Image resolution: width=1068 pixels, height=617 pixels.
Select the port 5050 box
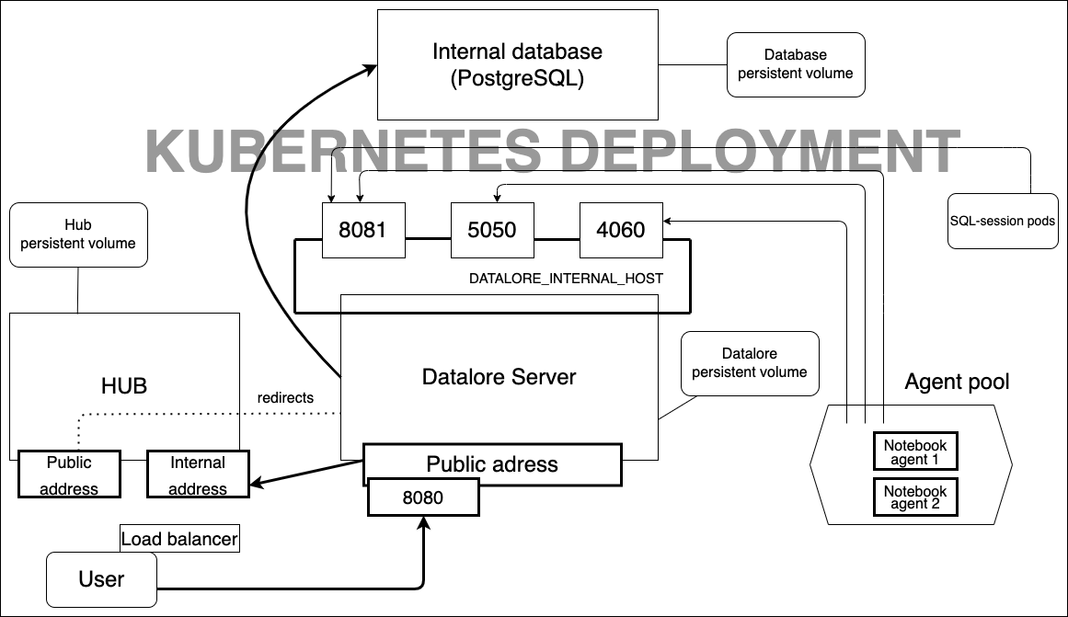[x=492, y=230]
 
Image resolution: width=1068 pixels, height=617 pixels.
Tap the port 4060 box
[x=621, y=230]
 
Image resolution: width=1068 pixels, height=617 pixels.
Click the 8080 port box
[x=423, y=498]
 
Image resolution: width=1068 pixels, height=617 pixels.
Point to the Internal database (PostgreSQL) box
[x=518, y=64]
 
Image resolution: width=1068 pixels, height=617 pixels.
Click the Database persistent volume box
[x=796, y=64]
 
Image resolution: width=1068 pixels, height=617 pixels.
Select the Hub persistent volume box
[x=78, y=234]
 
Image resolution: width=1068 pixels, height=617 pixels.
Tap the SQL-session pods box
[x=1002, y=222]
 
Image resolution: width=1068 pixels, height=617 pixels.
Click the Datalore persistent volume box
[x=749, y=362]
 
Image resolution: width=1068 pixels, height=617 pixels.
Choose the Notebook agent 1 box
[x=915, y=451]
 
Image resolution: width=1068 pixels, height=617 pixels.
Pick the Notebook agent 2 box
[x=915, y=497]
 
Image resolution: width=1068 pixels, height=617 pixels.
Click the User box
[x=101, y=578]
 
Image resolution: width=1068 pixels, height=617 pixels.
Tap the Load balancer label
[x=179, y=539]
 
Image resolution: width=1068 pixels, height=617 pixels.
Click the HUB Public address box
[x=69, y=474]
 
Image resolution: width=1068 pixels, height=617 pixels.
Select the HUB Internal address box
[x=198, y=474]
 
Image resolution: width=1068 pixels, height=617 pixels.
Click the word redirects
[x=286, y=398]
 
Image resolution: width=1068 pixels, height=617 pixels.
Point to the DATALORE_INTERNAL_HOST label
[x=566, y=278]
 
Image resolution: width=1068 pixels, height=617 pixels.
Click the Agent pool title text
[x=957, y=382]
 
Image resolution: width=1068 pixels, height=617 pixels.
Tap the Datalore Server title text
[x=499, y=377]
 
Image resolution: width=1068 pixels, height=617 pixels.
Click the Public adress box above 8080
[x=492, y=464]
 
